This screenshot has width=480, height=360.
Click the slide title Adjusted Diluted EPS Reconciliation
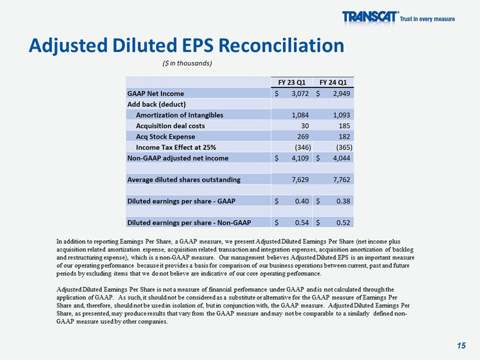[186, 45]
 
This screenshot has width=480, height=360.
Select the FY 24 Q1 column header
[334, 81]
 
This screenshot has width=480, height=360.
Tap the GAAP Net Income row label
[155, 93]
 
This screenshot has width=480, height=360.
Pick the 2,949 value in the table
[341, 93]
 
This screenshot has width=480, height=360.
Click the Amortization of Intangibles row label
[179, 115]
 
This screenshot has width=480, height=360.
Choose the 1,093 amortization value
[341, 115]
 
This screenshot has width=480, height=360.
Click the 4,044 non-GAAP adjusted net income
[341, 158]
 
